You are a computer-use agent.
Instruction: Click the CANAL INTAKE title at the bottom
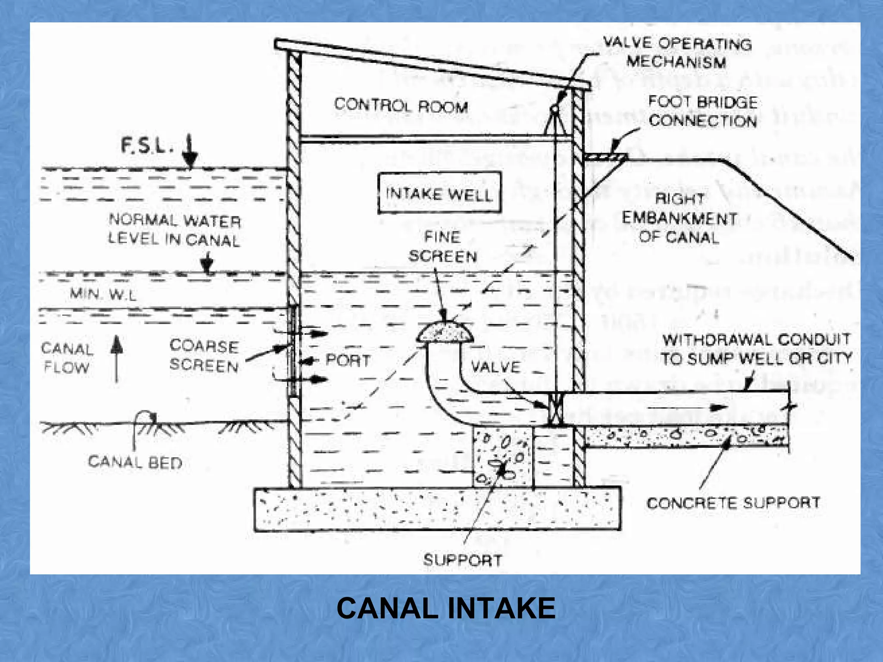(x=446, y=608)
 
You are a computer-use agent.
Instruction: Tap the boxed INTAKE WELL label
(x=439, y=194)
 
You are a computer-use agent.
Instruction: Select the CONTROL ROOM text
(x=401, y=106)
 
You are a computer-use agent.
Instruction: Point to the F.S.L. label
(x=147, y=147)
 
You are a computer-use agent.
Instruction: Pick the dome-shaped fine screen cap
(x=445, y=332)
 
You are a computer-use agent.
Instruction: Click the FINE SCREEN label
(x=443, y=247)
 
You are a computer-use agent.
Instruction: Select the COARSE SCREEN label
(x=204, y=356)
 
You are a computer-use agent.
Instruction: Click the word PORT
(x=348, y=360)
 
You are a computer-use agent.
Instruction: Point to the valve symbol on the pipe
(x=555, y=409)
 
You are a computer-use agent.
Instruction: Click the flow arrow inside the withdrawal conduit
(x=688, y=407)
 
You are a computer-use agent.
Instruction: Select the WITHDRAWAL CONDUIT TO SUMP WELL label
(x=756, y=349)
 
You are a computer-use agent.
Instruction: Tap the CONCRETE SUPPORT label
(x=733, y=503)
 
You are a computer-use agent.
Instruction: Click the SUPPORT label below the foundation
(x=463, y=560)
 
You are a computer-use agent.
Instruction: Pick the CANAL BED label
(x=135, y=462)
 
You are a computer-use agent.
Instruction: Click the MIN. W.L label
(x=103, y=294)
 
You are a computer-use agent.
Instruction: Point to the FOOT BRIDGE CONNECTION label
(x=703, y=111)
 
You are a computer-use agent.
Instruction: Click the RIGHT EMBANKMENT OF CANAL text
(x=679, y=218)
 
